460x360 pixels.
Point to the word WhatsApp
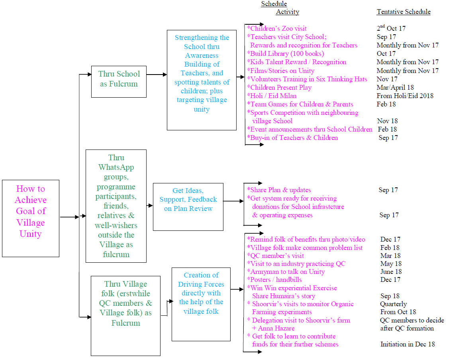pos(116,167)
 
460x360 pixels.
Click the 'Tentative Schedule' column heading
pos(403,12)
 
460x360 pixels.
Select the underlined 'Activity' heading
pos(287,12)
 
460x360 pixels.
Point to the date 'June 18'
pos(391,272)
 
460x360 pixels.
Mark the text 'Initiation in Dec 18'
pos(407,344)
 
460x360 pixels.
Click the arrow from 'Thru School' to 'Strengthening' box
pos(157,75)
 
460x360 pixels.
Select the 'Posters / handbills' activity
pos(275,280)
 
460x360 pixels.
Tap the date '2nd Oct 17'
pos(391,28)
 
